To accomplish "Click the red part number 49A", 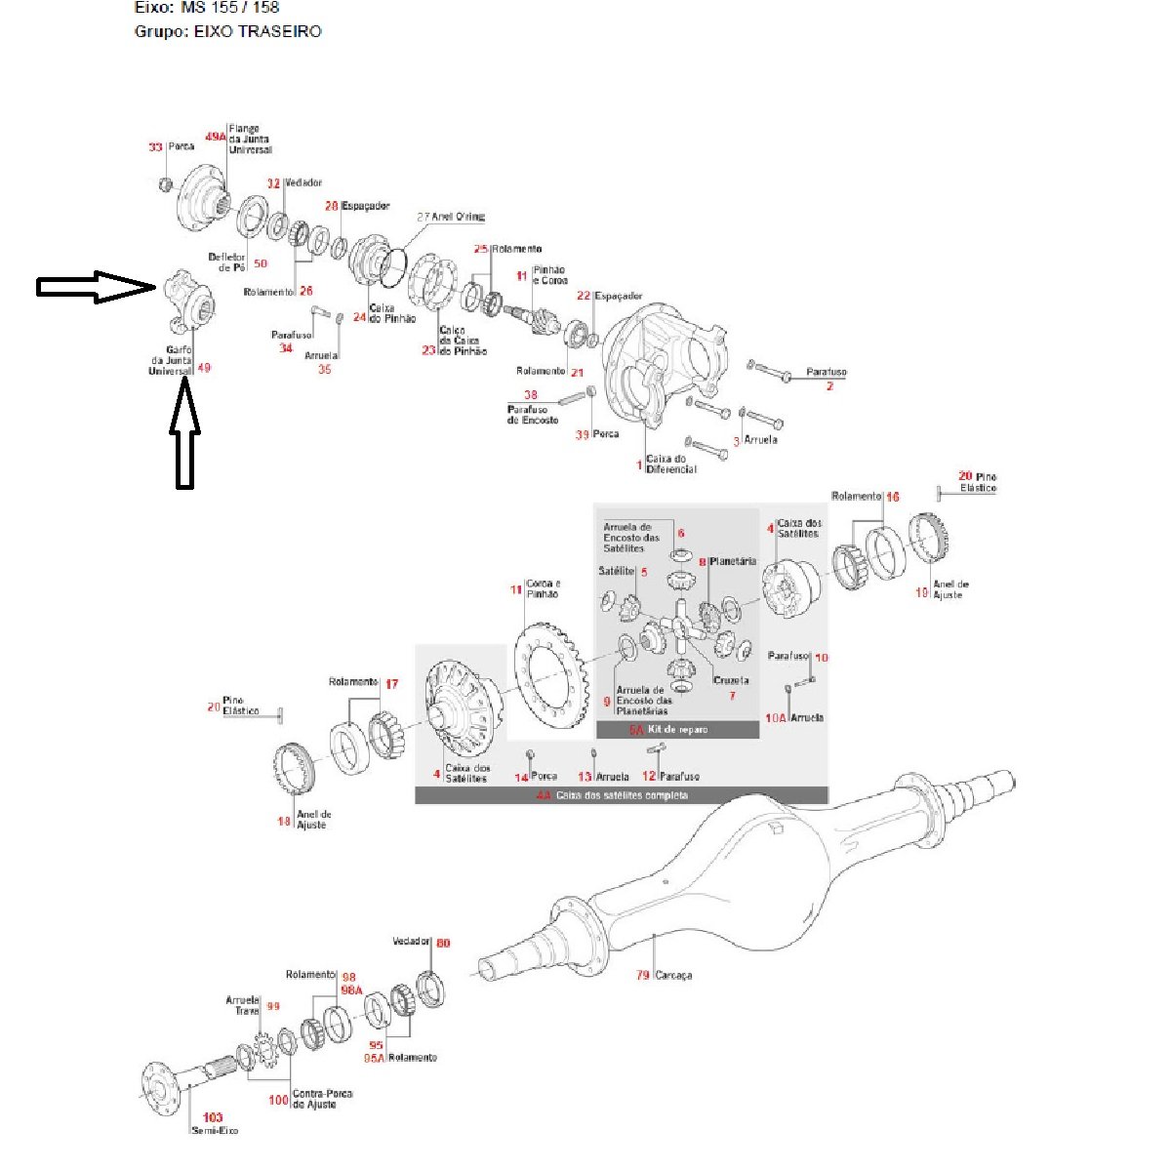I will tap(215, 138).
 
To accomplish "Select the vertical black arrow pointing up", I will tap(184, 433).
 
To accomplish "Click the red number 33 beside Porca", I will tap(155, 147).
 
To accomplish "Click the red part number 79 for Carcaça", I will tap(642, 975).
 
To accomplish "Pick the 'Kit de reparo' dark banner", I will tap(677, 730).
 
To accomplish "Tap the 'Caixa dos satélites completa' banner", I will tap(622, 795).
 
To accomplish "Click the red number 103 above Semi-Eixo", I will tap(213, 1117).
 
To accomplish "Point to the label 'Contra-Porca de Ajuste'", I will tap(322, 1099).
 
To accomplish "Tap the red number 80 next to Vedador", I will tap(443, 943).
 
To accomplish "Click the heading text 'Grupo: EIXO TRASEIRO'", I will tap(227, 31).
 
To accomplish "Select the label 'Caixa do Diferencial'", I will tap(671, 464).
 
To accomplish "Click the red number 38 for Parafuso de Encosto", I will tap(531, 395).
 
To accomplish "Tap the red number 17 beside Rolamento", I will tap(391, 684).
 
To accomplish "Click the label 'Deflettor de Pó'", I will tap(226, 262).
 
